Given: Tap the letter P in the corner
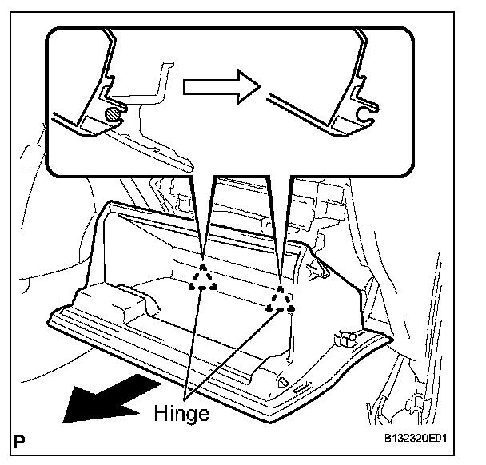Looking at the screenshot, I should [18, 439].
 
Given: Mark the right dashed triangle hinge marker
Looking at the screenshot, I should [281, 298].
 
